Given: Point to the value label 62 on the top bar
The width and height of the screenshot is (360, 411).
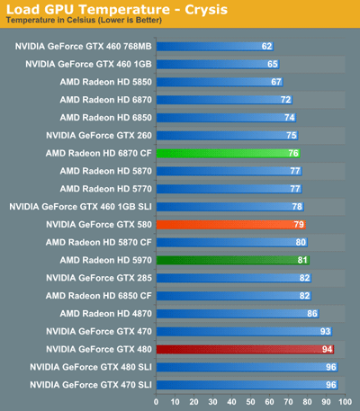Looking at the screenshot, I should [x=266, y=46].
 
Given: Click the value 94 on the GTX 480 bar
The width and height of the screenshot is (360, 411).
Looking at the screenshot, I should [x=328, y=348].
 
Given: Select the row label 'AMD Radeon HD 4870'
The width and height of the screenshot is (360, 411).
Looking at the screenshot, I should [x=106, y=313].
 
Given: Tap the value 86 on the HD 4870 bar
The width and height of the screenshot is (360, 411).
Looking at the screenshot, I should [x=312, y=313].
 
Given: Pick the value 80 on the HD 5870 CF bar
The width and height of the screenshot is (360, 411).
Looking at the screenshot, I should [x=301, y=242].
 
